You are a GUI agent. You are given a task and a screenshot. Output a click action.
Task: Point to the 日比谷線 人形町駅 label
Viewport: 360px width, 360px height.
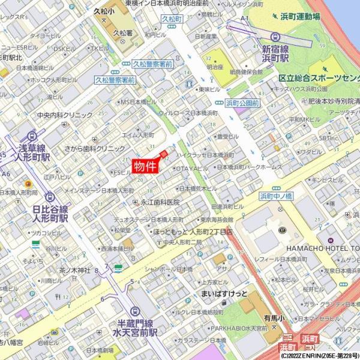pyautogui.click(x=50, y=213)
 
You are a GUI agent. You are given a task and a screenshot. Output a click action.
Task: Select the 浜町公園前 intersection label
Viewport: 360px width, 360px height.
pyautogui.click(x=242, y=103)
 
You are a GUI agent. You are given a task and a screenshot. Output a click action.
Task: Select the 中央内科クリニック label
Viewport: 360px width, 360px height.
pyautogui.click(x=65, y=115)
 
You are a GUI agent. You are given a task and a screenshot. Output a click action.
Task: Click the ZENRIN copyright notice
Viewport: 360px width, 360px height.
pyautogui.click(x=319, y=356)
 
